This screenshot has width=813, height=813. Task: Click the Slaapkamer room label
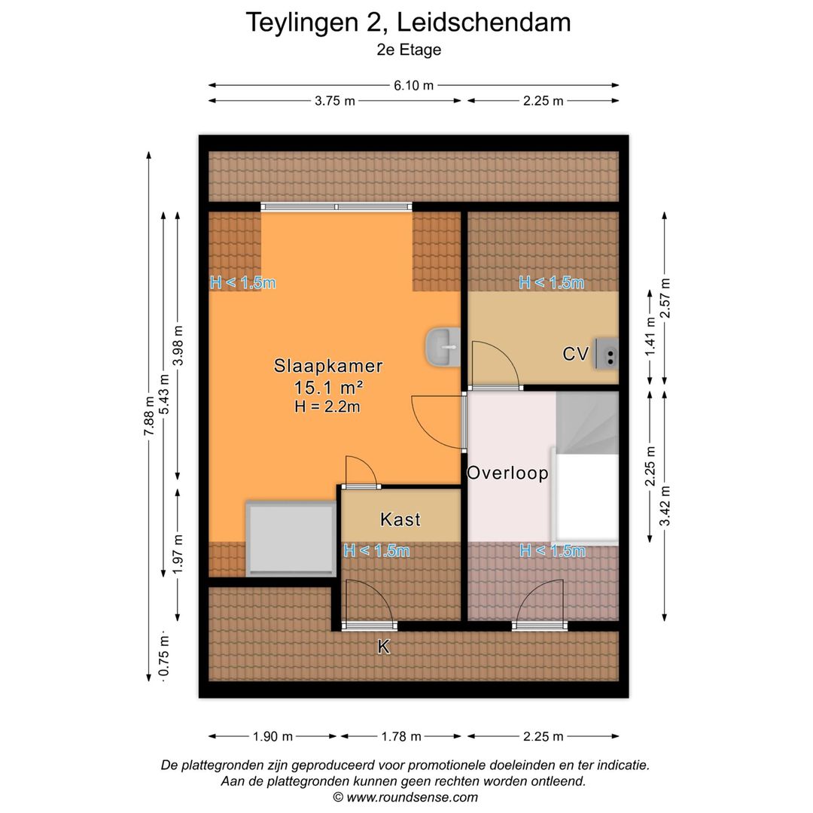pos(328,367)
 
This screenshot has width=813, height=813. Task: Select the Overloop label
pos(507,473)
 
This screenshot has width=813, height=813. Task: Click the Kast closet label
pos(400,519)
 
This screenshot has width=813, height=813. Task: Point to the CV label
pos(575,354)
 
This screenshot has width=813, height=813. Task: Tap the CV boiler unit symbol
pos(607,353)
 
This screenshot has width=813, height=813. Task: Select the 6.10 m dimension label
pos(413,85)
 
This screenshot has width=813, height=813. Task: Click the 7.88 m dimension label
pos(150,416)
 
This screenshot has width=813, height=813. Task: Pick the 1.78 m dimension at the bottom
pos(401,736)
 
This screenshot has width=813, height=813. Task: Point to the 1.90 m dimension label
pos(273,736)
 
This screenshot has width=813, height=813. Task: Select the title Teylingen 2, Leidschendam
pos(408,23)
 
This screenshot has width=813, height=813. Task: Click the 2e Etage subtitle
pos(408,50)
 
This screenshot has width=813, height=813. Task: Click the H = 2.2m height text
pos(328,406)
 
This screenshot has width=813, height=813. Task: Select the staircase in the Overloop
pos(587,422)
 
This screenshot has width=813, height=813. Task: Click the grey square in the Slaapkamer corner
pos(291,538)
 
